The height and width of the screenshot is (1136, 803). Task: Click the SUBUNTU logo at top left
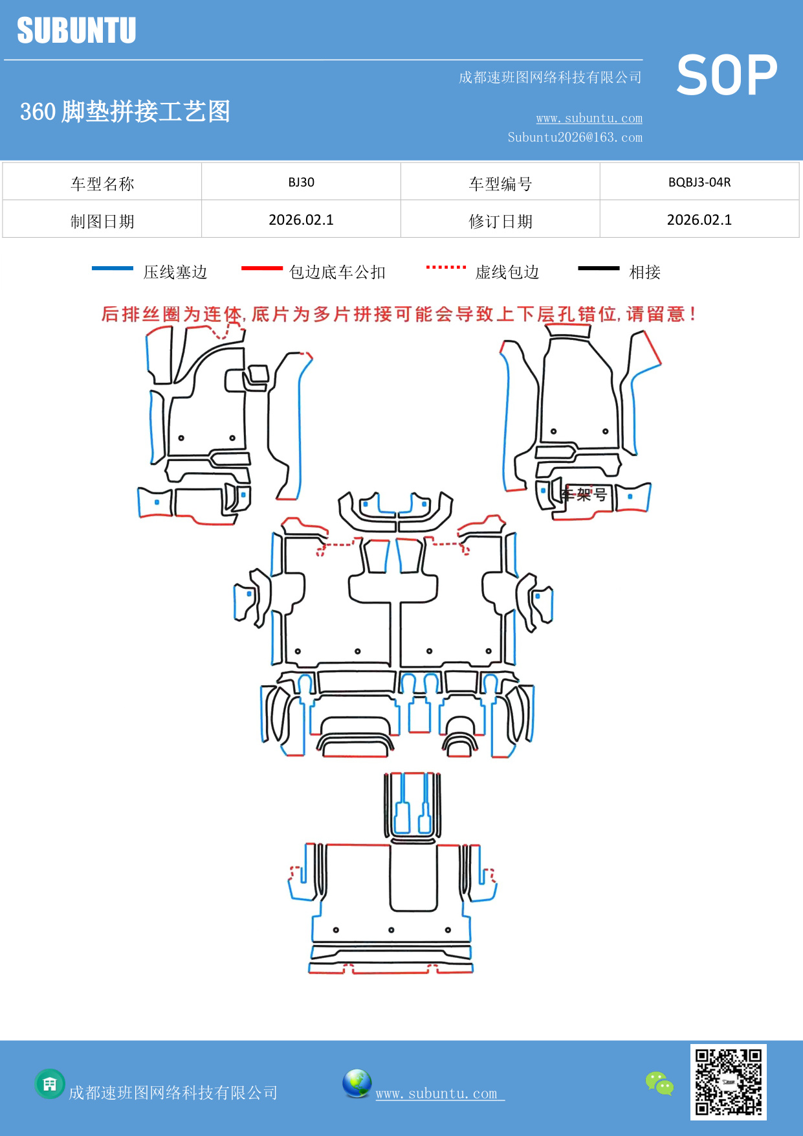pyautogui.click(x=76, y=30)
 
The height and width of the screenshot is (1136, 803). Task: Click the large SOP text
pyautogui.click(x=727, y=76)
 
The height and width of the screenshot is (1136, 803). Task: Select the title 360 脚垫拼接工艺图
pyautogui.click(x=125, y=111)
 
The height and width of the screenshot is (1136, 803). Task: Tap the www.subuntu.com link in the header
pyautogui.click(x=589, y=118)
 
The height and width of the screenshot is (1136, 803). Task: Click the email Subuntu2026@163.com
pyautogui.click(x=575, y=137)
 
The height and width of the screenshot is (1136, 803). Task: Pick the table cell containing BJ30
pyautogui.click(x=301, y=182)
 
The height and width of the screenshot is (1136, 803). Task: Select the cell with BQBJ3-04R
pyautogui.click(x=699, y=182)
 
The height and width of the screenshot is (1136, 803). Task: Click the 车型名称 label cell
pyautogui.click(x=102, y=183)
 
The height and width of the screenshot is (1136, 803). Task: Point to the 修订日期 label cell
pyautogui.click(x=500, y=221)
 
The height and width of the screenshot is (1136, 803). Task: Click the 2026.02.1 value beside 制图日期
pyautogui.click(x=301, y=220)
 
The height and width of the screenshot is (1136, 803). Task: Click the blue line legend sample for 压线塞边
pyautogui.click(x=113, y=268)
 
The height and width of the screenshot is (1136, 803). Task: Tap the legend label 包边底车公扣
pyautogui.click(x=337, y=272)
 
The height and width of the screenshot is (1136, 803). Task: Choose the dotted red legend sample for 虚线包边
pyautogui.click(x=446, y=267)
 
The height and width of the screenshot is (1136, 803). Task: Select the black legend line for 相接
pyautogui.click(x=599, y=268)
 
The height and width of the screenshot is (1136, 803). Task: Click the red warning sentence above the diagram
pyautogui.click(x=398, y=314)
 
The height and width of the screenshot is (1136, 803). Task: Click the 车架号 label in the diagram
pyautogui.click(x=584, y=495)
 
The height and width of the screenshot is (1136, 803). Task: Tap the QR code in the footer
pyautogui.click(x=728, y=1082)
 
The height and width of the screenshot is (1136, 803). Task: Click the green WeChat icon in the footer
pyautogui.click(x=659, y=1083)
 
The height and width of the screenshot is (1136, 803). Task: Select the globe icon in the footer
pyautogui.click(x=357, y=1083)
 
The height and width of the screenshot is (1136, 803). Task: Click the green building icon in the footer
pyautogui.click(x=50, y=1084)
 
